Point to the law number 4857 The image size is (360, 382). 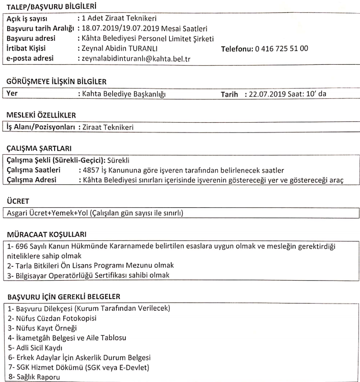coord(92,170)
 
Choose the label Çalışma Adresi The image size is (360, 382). coord(33,179)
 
